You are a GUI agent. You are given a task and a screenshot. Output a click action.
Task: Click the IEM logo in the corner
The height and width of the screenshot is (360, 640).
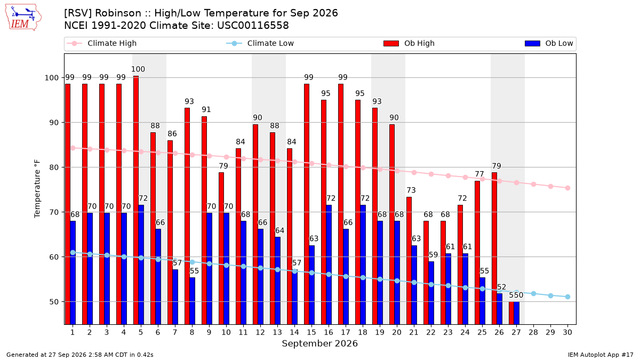tap(23, 18)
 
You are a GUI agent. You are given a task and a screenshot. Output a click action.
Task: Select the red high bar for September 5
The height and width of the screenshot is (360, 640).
tap(136, 200)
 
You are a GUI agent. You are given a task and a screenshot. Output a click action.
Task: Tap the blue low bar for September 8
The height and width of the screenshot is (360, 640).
tap(193, 301)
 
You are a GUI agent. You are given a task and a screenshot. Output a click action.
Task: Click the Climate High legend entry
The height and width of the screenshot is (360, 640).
tap(101, 43)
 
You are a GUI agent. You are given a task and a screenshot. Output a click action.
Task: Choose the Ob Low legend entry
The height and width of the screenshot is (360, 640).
tap(549, 43)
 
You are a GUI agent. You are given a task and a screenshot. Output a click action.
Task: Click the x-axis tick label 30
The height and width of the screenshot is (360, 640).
tap(567, 333)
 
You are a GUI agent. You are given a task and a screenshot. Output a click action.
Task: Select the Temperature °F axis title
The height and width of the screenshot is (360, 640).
tap(37, 189)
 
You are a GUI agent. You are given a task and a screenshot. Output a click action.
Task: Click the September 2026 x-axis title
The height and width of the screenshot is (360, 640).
tap(319, 343)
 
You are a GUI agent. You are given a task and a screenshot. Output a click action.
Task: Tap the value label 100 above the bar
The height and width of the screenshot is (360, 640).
tap(138, 69)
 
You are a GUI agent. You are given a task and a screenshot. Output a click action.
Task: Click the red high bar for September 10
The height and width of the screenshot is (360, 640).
tap(221, 249)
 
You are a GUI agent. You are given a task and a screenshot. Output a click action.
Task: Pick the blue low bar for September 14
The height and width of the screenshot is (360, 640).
tap(294, 297)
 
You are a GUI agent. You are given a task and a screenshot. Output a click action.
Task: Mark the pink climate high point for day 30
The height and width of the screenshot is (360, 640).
tap(567, 188)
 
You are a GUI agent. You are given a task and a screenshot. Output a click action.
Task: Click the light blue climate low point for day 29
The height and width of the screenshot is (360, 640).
tap(550, 295)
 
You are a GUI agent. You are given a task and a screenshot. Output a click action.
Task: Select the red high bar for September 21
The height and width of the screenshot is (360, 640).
tap(409, 261)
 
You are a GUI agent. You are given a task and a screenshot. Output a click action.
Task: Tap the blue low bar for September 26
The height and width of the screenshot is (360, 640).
tap(499, 309)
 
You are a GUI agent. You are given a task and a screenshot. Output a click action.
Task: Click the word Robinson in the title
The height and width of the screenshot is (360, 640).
tap(118, 13)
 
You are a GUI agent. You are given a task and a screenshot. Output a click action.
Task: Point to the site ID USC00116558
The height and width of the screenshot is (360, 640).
tap(253, 26)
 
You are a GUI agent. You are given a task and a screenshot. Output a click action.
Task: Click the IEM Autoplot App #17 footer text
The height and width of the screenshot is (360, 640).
tap(601, 355)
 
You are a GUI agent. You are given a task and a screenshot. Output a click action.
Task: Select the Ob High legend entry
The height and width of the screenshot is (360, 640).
tap(409, 43)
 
